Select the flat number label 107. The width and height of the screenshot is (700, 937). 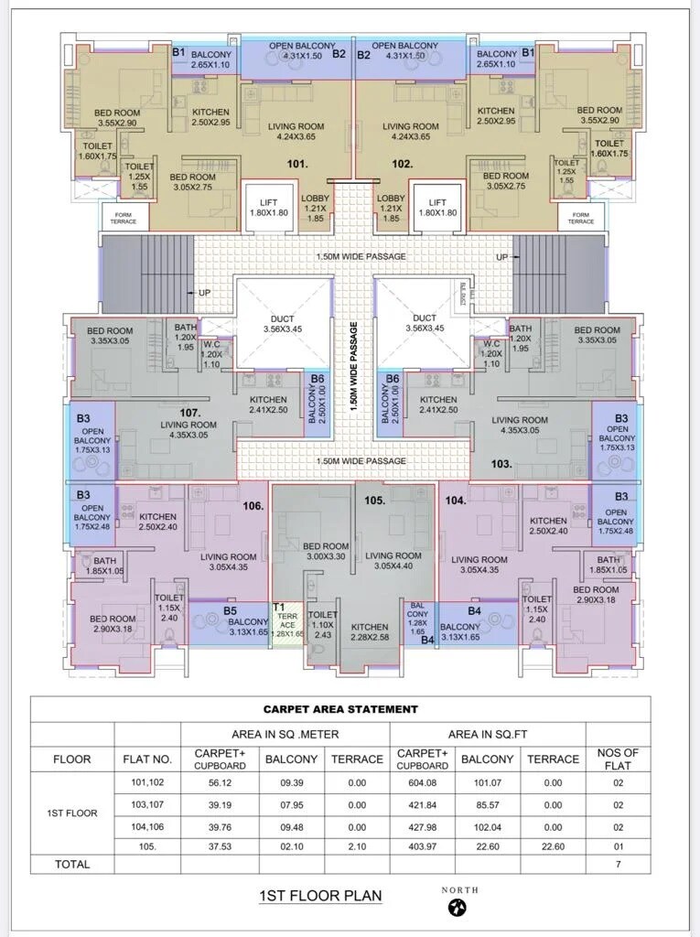point(190,413)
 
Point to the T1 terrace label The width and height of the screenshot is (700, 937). point(279,607)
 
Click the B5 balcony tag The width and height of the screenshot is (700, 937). point(230,610)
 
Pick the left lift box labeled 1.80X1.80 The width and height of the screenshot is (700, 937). point(268,208)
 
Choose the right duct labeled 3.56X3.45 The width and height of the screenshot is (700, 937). point(425,323)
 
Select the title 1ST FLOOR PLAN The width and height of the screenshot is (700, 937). point(321,896)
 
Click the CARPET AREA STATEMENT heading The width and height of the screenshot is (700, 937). point(340,708)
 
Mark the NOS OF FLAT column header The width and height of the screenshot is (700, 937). point(618,759)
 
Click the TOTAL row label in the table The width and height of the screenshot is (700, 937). point(71,864)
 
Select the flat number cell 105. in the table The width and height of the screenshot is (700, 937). point(147,845)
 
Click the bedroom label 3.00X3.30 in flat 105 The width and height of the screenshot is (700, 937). point(326,551)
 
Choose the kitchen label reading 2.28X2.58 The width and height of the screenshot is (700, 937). point(370,632)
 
